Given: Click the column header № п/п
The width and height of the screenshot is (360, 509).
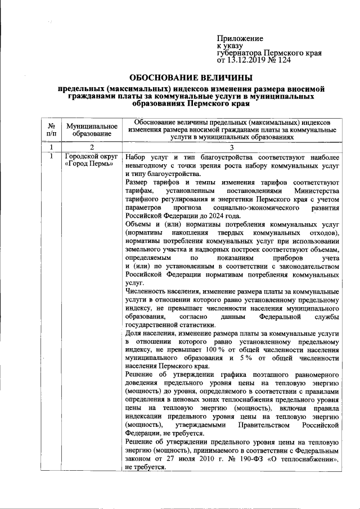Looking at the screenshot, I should (x=52, y=129).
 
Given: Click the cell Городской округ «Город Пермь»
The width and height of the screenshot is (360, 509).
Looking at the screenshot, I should (x=88, y=160).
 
